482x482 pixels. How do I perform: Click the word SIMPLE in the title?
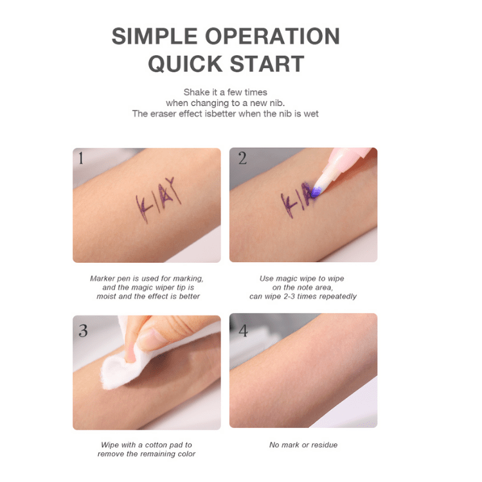155,36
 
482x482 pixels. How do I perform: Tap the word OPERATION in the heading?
272,36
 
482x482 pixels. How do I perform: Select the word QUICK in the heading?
185,64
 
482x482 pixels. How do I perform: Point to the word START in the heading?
267,64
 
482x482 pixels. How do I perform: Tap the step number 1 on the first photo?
81,158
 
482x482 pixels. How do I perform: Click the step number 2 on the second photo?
242,158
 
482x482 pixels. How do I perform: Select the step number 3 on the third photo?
84,331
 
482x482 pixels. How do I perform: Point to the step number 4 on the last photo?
243,331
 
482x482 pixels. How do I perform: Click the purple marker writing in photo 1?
158,200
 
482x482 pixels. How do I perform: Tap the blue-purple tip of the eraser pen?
316,192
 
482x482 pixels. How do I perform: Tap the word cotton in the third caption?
156,445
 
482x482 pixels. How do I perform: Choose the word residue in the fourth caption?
324,445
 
